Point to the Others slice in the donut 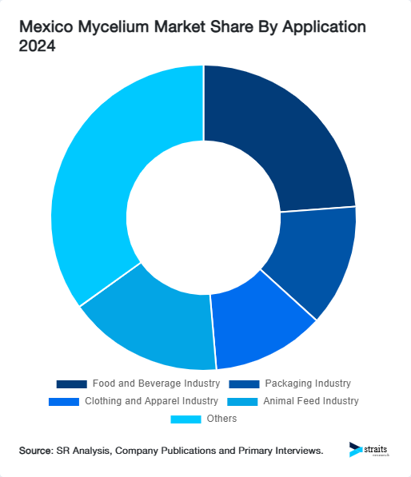click(104, 184)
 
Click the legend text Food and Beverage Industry click(155, 384)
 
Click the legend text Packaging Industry click(308, 384)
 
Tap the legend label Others click(221, 419)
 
